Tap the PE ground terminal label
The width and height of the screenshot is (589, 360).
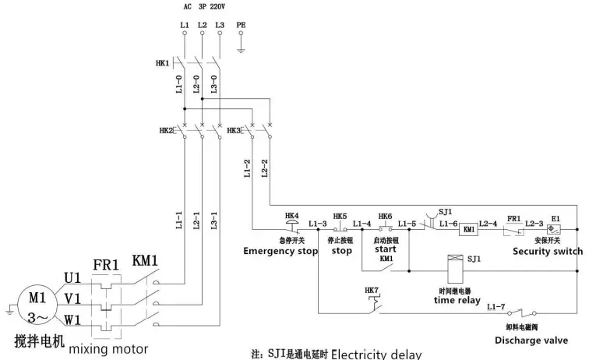(x=241, y=25)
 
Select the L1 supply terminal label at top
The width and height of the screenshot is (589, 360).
(x=184, y=25)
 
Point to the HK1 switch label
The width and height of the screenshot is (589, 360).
(x=162, y=62)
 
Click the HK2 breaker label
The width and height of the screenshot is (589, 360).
(x=166, y=130)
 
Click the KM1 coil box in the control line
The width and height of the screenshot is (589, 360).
(x=469, y=229)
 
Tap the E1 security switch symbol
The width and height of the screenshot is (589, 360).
(x=555, y=229)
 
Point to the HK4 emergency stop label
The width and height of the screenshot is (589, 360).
(x=291, y=216)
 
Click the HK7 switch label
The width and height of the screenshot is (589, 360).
(x=371, y=291)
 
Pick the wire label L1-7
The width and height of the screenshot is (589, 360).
(x=496, y=308)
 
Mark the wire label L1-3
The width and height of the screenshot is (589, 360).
(x=317, y=224)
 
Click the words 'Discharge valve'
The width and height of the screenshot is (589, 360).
(x=531, y=340)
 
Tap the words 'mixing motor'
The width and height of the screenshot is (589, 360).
(x=108, y=348)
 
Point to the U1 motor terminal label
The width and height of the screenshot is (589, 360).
(x=72, y=278)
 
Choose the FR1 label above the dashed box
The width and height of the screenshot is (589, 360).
(x=105, y=265)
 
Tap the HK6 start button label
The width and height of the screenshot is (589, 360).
(x=385, y=216)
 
